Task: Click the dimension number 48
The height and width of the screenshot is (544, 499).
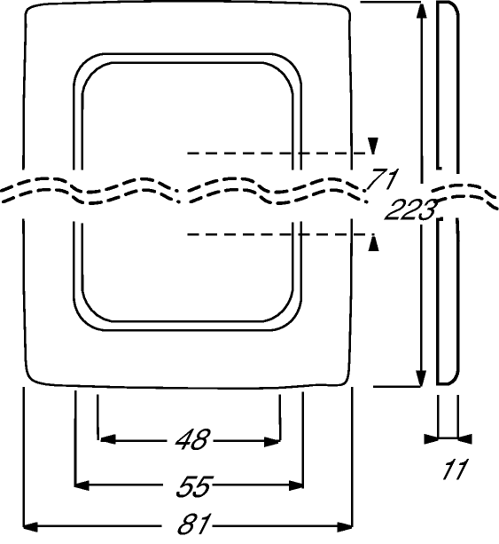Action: [192, 440]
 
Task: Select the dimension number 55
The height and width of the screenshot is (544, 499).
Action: [194, 485]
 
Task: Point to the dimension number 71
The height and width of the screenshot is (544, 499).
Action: [383, 179]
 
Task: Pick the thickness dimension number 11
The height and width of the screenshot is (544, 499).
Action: [455, 469]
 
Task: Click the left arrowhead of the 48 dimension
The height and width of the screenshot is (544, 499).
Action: [107, 439]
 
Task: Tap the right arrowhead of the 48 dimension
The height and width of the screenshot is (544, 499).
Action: [272, 442]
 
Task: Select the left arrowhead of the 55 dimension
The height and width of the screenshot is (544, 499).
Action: [82, 485]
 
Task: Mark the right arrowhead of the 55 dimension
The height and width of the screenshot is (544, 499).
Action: [296, 485]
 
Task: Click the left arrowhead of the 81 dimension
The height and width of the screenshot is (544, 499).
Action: [30, 527]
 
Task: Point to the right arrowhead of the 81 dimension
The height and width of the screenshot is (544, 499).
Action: [345, 527]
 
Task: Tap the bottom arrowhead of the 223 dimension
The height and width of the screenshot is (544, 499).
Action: [421, 378]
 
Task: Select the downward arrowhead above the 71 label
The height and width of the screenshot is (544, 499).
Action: [373, 146]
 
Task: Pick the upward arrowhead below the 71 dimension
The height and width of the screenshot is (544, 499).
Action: [373, 243]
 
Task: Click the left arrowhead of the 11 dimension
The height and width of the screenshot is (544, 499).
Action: [431, 438]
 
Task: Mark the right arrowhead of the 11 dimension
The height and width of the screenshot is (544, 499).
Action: [464, 438]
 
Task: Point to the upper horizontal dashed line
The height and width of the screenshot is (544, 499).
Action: [277, 153]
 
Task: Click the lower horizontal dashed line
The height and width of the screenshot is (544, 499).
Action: [277, 235]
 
